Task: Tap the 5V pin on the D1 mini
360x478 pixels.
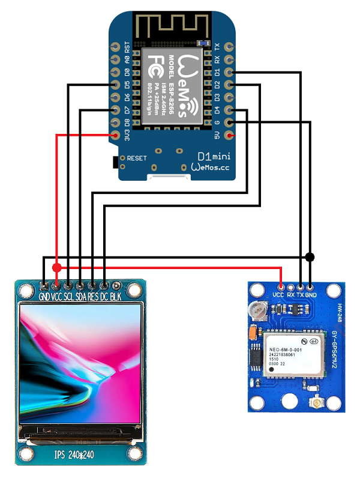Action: (229, 136)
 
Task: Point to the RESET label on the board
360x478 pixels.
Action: (137, 159)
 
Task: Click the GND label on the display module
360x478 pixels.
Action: (44, 297)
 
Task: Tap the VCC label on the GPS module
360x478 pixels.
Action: (278, 295)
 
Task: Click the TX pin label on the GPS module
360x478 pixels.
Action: (300, 295)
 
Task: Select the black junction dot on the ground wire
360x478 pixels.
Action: (310, 257)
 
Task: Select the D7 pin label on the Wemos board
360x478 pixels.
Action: (127, 110)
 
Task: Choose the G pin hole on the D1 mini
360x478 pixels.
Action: (229, 123)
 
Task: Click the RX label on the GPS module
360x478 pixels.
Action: (290, 295)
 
